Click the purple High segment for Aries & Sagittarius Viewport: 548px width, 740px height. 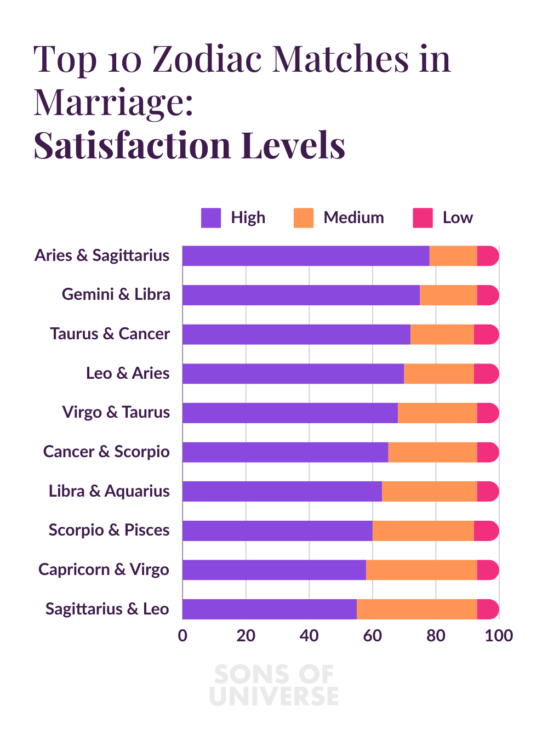tap(306, 256)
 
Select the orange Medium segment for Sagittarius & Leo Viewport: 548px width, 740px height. tap(416, 609)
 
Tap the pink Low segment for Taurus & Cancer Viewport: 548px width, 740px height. tap(487, 334)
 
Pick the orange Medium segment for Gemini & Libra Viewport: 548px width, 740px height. tap(448, 295)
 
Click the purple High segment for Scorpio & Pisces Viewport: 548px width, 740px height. tap(277, 531)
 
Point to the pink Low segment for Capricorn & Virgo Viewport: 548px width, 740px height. tap(488, 570)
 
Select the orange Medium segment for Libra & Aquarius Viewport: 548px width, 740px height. tap(429, 492)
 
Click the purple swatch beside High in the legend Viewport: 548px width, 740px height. tap(211, 218)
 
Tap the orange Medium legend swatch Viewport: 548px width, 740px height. tap(304, 218)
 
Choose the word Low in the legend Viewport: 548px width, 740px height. tap(458, 218)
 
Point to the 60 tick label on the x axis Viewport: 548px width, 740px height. tap(373, 636)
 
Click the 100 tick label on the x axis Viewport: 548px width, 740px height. tap(499, 636)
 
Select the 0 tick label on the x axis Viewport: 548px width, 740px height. tap(182, 636)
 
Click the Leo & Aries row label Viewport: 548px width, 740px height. tap(128, 373)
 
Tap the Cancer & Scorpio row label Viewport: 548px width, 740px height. tap(106, 452)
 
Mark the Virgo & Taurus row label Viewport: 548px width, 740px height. tap(116, 412)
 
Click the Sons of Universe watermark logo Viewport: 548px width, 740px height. tap(274, 685)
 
